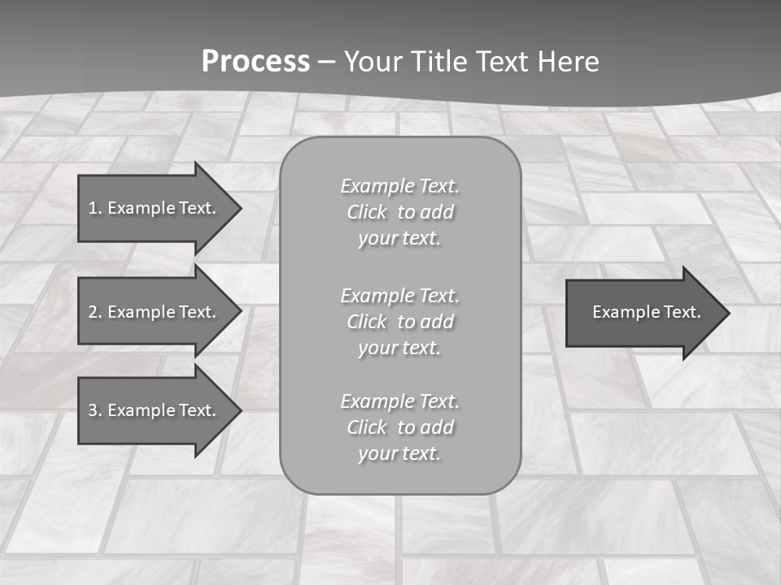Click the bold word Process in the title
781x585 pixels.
[255, 62]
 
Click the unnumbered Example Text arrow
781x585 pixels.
[643, 312]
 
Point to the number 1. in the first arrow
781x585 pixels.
[95, 208]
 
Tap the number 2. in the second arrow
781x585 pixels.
[95, 312]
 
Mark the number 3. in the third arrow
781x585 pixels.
[95, 410]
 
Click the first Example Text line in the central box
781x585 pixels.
[399, 186]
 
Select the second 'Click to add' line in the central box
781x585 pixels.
[399, 322]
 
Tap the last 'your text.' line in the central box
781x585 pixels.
[399, 453]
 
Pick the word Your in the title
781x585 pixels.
[372, 62]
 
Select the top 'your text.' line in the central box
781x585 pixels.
[399, 238]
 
